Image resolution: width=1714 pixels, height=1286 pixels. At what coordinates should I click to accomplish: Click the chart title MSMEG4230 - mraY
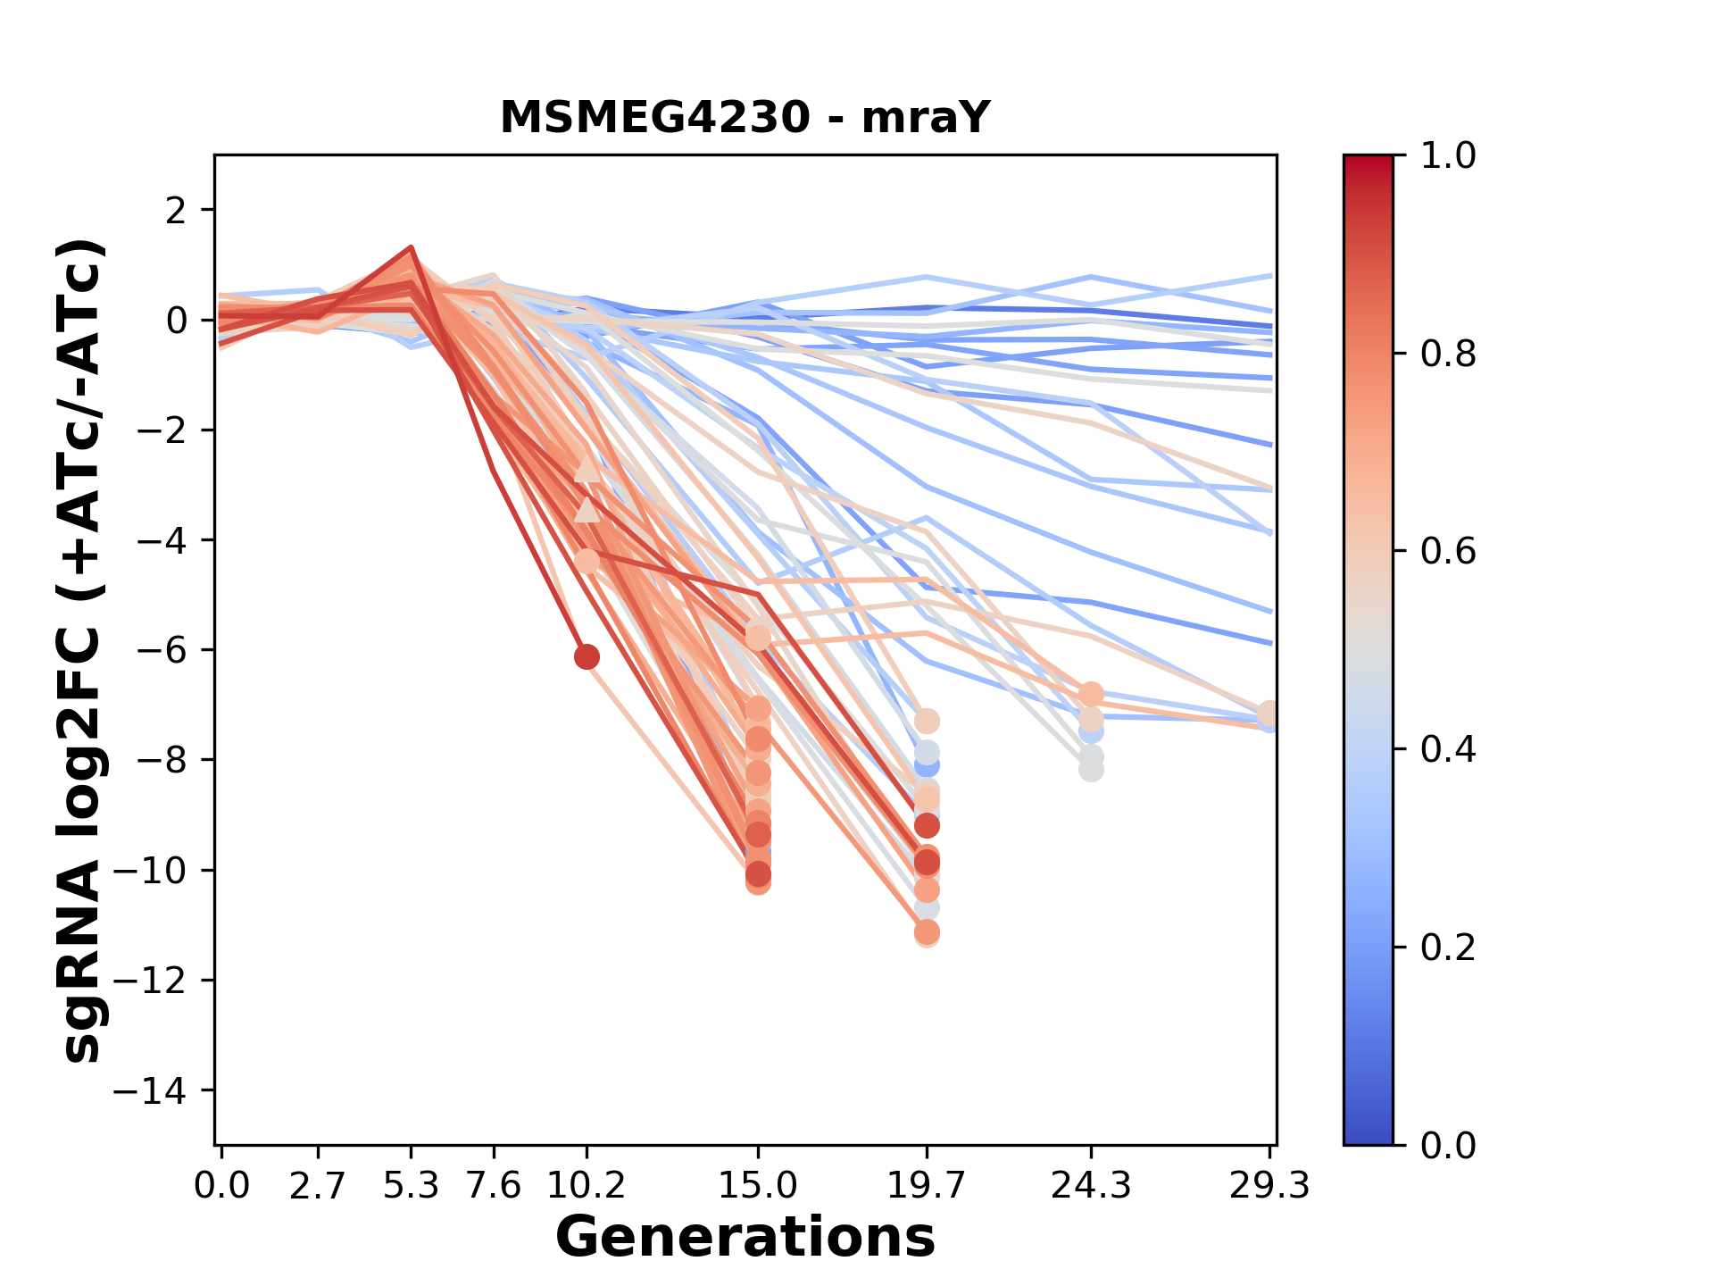tap(745, 118)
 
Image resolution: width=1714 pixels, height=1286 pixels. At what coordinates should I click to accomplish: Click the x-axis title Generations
tap(745, 1238)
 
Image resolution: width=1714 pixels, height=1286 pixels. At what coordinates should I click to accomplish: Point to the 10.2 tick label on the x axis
tap(586, 1186)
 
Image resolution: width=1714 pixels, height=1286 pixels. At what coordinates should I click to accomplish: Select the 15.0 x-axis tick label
tap(758, 1186)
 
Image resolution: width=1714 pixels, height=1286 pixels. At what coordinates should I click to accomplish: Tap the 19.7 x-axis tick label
tap(927, 1186)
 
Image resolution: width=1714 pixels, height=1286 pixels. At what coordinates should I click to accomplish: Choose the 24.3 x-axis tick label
tap(1090, 1186)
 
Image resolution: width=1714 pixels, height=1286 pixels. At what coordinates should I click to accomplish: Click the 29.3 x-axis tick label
tap(1269, 1186)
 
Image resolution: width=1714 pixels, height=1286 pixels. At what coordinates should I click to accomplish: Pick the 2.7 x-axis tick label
tap(318, 1186)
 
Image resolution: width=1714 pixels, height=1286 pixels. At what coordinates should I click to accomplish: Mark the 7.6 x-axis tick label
tap(493, 1186)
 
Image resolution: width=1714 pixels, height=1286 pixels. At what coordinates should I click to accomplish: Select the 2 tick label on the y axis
tap(176, 211)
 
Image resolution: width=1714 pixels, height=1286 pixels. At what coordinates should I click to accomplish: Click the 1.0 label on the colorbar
tap(1448, 156)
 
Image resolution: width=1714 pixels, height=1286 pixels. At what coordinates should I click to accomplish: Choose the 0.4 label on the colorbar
tap(1448, 749)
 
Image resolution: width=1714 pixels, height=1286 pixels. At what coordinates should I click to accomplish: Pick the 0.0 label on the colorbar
tap(1448, 1145)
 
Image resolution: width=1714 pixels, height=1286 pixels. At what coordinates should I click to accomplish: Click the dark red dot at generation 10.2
tap(587, 657)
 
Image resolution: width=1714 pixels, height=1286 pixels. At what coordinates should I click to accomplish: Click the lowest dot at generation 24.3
tap(1091, 769)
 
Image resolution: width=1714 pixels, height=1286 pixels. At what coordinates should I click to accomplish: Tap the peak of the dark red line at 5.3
tap(411, 247)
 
